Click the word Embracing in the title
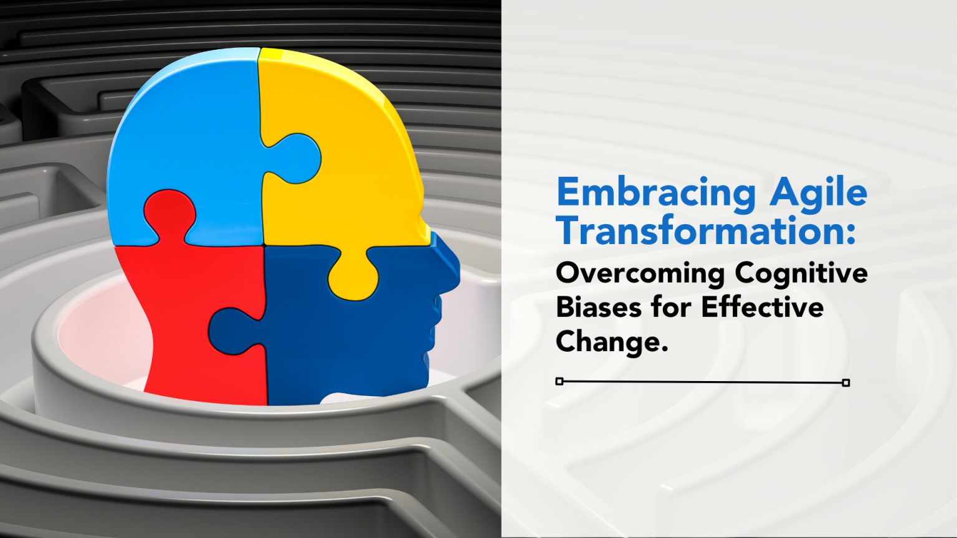pos(657,193)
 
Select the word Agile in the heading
pos(818,193)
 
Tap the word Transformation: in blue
pos(706,231)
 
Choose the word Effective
pos(762,307)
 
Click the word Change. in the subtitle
pos(611,342)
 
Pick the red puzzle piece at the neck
pos(187,324)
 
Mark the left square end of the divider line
pos(559,381)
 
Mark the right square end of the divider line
pos(845,382)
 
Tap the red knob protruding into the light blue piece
pos(169,212)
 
